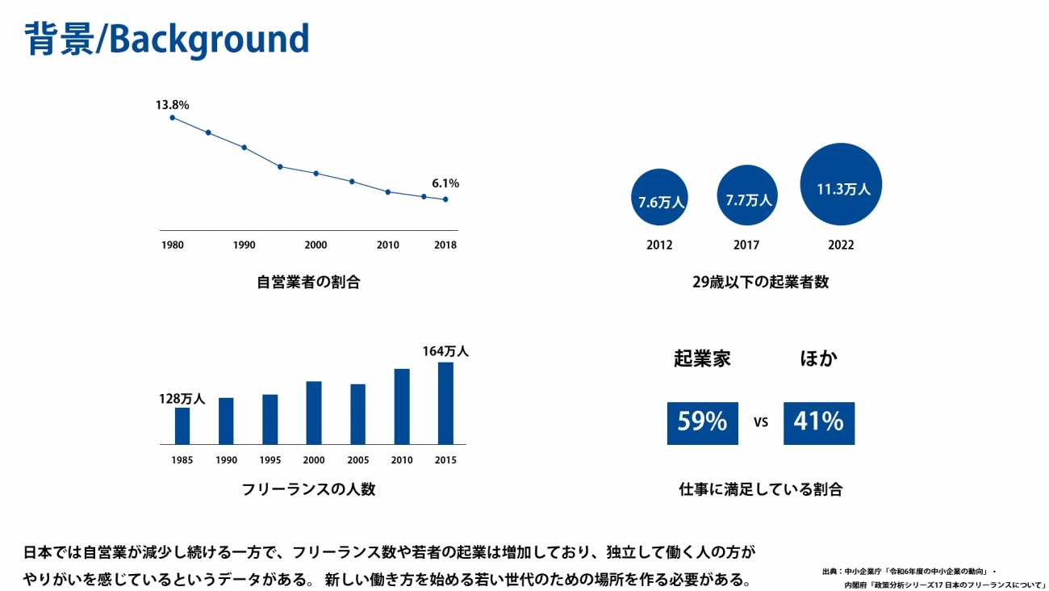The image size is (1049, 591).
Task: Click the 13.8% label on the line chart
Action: coord(172,105)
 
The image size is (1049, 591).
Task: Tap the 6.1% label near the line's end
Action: coord(445,183)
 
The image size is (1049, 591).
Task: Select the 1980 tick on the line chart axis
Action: coord(171,245)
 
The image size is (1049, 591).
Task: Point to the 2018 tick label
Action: coord(445,245)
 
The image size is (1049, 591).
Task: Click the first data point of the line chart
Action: coord(172,118)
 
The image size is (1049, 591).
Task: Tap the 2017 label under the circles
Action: coord(746,245)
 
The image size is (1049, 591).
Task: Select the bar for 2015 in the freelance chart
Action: coord(445,403)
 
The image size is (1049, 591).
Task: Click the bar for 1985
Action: coord(182,425)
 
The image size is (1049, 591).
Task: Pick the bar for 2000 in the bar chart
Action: coord(314,413)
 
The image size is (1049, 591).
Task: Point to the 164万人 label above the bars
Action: coord(445,351)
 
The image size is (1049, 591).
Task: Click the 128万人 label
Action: coord(182,399)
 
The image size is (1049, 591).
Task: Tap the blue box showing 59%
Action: coord(702,422)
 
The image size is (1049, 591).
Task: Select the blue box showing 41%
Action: coord(818,422)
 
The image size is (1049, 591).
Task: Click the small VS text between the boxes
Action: coord(760,422)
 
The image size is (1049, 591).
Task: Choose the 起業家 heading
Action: coord(702,359)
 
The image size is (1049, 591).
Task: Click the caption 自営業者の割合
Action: coord(308,283)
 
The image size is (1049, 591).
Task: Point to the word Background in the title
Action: coord(208,39)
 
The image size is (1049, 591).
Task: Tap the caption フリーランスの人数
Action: coord(308,489)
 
